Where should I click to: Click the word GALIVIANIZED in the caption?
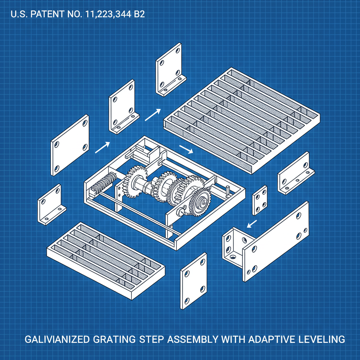click(57, 340)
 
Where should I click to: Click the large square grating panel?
click(242, 120)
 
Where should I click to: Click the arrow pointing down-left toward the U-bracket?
click(252, 223)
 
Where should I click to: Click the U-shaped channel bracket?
click(233, 246)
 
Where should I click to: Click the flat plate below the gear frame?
click(193, 281)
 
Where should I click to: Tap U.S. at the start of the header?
click(18, 15)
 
